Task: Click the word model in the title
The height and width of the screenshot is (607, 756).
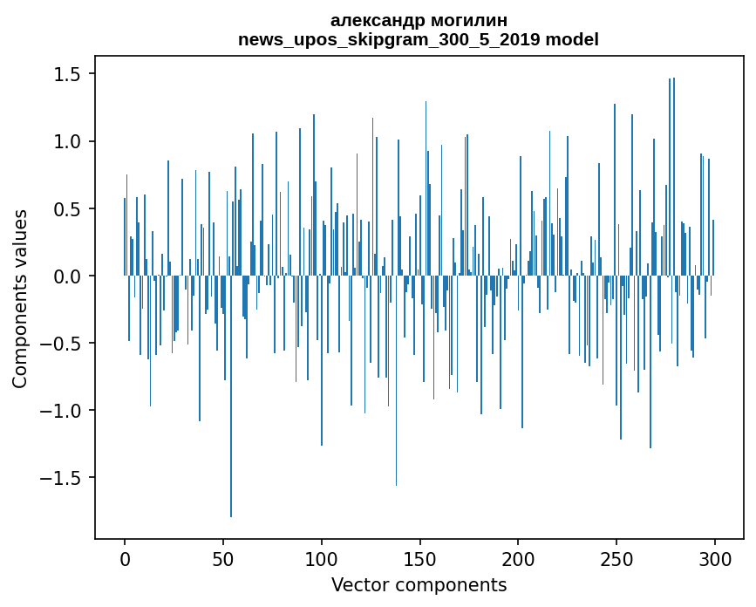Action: point(572,39)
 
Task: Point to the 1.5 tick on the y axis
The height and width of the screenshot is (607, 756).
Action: point(70,75)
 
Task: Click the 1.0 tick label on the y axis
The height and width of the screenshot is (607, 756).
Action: point(70,142)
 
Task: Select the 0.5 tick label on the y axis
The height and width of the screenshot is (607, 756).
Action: point(70,209)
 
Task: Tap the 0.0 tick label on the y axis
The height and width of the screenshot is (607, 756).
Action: point(70,276)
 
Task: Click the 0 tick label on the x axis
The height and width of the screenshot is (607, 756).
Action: point(125,558)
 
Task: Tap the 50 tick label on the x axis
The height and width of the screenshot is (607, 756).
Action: point(223,558)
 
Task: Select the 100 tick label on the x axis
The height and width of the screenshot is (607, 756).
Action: point(322,558)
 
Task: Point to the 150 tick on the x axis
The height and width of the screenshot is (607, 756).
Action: point(420,558)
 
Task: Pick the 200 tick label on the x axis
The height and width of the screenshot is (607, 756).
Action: point(518,558)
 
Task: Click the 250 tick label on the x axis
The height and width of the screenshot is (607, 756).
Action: point(616,558)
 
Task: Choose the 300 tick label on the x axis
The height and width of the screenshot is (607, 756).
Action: point(715,558)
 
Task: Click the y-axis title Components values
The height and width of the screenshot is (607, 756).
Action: point(20,298)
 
